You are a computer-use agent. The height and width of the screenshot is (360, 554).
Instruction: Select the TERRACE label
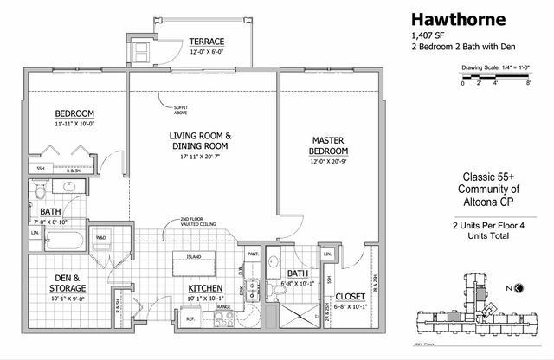[x=208, y=42]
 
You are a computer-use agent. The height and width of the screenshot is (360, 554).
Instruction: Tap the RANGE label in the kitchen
[x=222, y=305]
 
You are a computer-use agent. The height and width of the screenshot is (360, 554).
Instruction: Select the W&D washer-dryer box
[x=100, y=239]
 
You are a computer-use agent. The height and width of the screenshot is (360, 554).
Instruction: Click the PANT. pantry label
[x=253, y=254]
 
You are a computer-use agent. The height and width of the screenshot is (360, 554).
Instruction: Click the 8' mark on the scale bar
[x=528, y=85]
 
